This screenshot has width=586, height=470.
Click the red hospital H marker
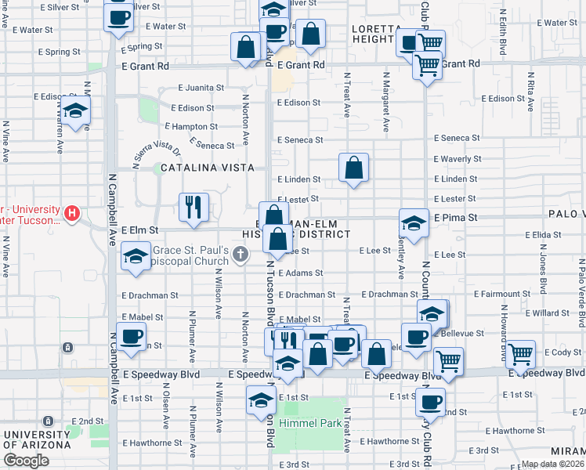(x=72, y=212)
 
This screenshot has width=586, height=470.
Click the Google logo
(x=26, y=461)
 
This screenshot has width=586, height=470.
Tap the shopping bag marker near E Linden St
(x=353, y=168)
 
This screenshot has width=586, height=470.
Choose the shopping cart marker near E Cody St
(x=521, y=355)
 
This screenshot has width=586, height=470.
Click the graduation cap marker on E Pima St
(x=414, y=223)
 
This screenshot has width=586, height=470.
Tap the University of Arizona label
(x=36, y=439)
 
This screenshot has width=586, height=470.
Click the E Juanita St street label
(x=201, y=89)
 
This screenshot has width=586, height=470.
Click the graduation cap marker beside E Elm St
(x=136, y=257)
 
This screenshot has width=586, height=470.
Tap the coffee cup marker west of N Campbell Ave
(x=131, y=338)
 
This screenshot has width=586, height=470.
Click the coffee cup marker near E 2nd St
(x=430, y=403)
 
